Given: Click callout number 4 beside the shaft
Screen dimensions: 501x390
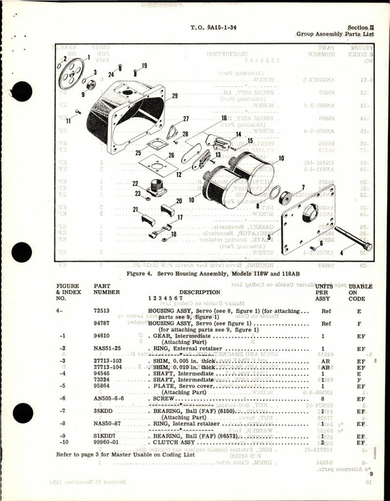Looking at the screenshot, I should point(359,254).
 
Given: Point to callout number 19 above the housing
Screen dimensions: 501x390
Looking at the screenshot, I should point(144,66).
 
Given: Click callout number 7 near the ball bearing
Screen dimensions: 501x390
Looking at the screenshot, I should point(303,187).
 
